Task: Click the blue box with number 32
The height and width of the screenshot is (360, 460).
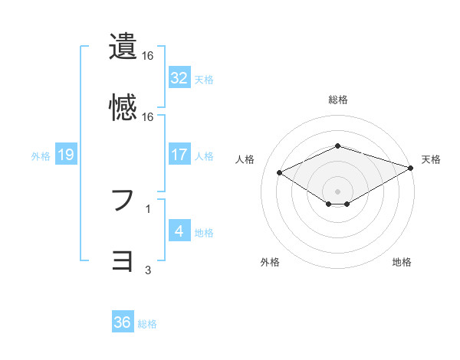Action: click(x=179, y=78)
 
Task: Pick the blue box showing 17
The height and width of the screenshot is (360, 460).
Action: click(x=179, y=155)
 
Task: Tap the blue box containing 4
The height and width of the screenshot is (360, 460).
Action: click(x=179, y=231)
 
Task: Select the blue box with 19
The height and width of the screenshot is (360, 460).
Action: click(x=66, y=155)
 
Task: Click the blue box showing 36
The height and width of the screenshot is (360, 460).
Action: click(x=123, y=322)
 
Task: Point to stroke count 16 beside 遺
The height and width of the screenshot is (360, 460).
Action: click(x=148, y=56)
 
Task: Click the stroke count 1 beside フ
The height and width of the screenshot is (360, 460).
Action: click(x=148, y=208)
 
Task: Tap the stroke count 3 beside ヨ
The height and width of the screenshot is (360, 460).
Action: click(x=148, y=270)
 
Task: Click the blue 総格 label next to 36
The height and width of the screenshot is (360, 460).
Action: click(x=147, y=324)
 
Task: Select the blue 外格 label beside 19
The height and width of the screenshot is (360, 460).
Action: click(x=41, y=155)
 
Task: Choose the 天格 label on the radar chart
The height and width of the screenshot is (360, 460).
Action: click(x=431, y=159)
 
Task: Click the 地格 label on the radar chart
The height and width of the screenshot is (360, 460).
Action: click(x=402, y=262)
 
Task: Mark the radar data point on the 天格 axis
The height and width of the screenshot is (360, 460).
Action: click(x=411, y=166)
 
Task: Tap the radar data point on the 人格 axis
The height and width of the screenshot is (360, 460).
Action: click(x=279, y=172)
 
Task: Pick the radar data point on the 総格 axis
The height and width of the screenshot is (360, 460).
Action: click(x=337, y=146)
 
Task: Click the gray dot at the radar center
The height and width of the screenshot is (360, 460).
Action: click(x=337, y=190)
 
